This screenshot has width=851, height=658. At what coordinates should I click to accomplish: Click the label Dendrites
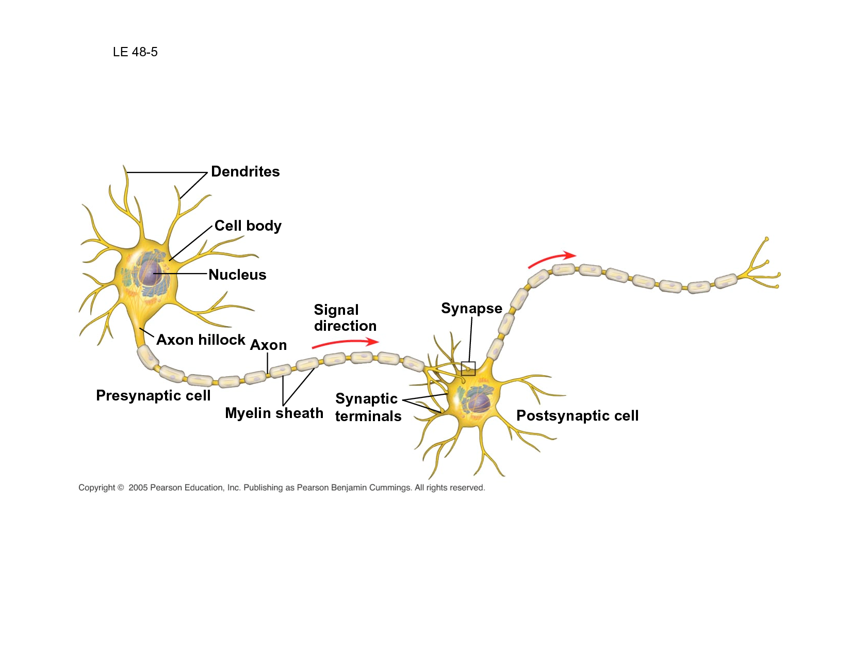[x=245, y=172]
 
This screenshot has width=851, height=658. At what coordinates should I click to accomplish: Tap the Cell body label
[x=248, y=226]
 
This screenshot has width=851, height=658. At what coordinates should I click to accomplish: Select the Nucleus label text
[x=237, y=275]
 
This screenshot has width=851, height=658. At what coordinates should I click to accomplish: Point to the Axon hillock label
[x=201, y=340]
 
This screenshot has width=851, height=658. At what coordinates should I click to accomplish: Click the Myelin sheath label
[x=274, y=413]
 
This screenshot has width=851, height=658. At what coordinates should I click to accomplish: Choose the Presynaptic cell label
[x=153, y=396]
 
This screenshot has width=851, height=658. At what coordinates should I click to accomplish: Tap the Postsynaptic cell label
[x=577, y=416]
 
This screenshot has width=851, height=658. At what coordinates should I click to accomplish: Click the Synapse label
[x=471, y=309]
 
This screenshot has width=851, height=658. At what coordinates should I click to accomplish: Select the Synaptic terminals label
[x=368, y=407]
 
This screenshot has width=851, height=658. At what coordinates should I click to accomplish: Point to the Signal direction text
[x=345, y=318]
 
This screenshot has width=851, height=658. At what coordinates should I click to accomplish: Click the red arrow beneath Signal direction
[x=346, y=342]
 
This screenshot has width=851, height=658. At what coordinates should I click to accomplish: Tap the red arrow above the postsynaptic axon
[x=552, y=260]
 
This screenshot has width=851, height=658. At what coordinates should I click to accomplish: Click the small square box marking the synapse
[x=468, y=368]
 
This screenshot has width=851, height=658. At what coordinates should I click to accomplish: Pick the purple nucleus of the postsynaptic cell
[x=479, y=404]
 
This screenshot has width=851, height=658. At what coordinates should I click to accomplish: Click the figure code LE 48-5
[x=135, y=52]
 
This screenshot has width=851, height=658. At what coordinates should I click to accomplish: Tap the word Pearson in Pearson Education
[x=166, y=488]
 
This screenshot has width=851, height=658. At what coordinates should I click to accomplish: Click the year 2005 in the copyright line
[x=138, y=488]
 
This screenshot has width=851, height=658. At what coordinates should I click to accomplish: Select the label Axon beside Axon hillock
[x=268, y=345]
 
